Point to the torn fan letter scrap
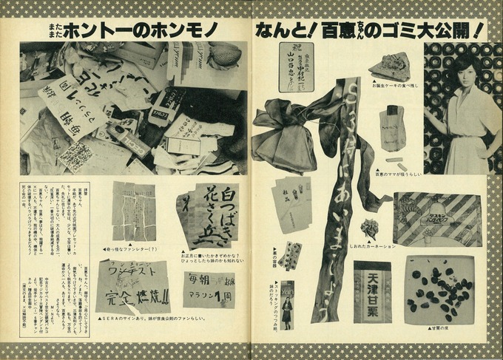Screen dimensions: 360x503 click(x=134, y=211)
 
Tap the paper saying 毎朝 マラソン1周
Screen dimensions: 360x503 click(x=209, y=289)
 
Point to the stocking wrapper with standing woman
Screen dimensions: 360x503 click(x=286, y=304)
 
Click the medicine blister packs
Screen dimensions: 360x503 click(x=291, y=256)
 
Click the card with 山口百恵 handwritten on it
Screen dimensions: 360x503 click(x=296, y=67)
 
